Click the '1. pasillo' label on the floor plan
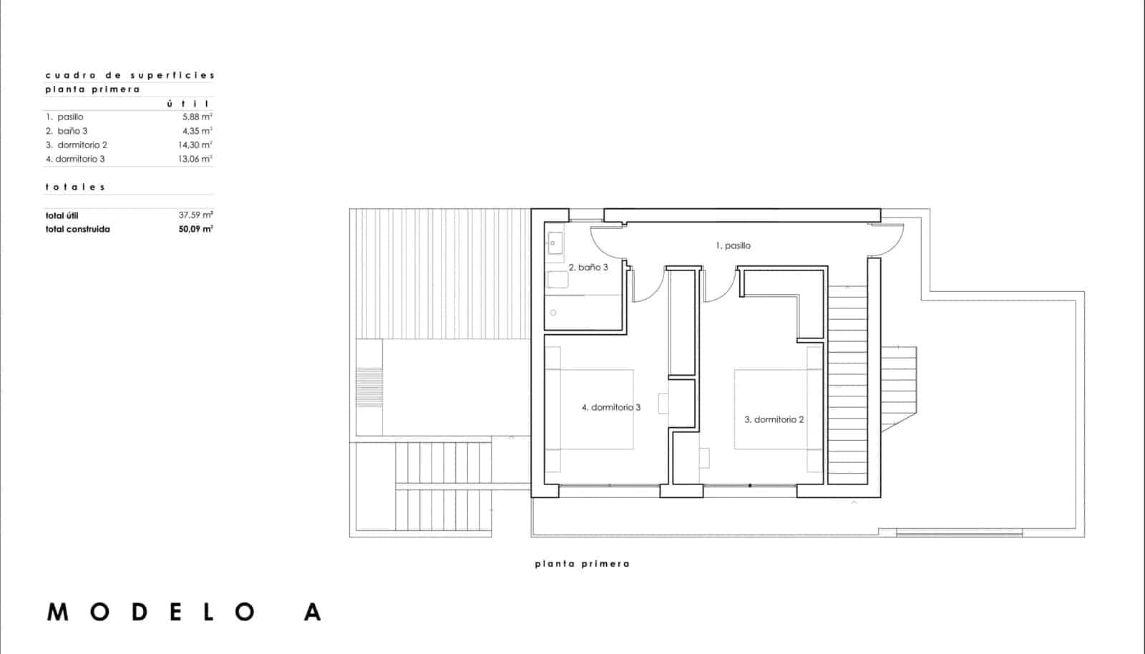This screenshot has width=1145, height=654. tap(733, 246)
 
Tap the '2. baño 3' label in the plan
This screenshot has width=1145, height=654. tap(588, 268)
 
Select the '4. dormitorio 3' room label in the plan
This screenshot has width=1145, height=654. tap(610, 408)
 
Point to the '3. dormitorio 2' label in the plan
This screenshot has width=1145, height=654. tap(774, 420)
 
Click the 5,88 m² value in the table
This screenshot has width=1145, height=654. tap(198, 117)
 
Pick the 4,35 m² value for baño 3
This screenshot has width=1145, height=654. tap(198, 131)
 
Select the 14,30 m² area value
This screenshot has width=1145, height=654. tap(195, 145)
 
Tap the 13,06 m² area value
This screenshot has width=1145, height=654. tap(195, 159)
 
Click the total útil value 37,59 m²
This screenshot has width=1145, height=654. tap(196, 215)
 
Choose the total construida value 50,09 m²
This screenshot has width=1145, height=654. tap(196, 230)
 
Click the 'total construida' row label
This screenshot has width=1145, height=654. tap(77, 230)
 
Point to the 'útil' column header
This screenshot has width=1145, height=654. tap(188, 104)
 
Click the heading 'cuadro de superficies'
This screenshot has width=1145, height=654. tap(130, 75)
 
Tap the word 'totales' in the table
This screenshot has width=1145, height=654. tap(75, 187)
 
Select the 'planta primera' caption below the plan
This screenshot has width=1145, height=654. tap(582, 564)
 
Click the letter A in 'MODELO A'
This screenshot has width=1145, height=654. tap(312, 612)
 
